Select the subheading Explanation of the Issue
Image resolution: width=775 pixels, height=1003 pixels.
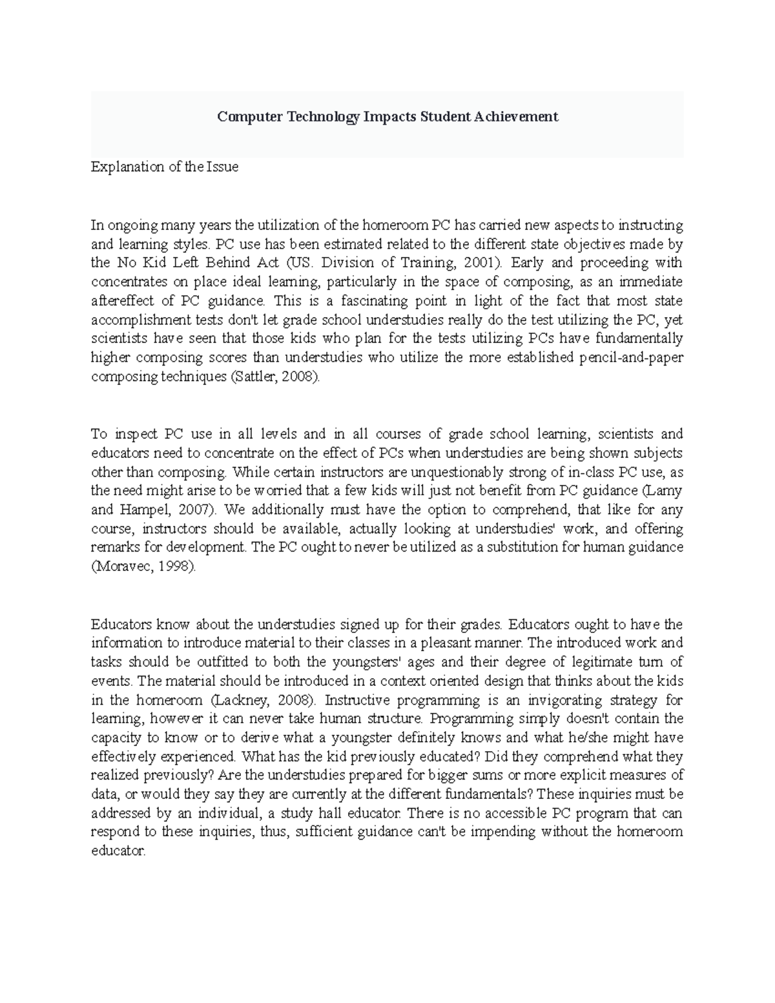tap(165, 167)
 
